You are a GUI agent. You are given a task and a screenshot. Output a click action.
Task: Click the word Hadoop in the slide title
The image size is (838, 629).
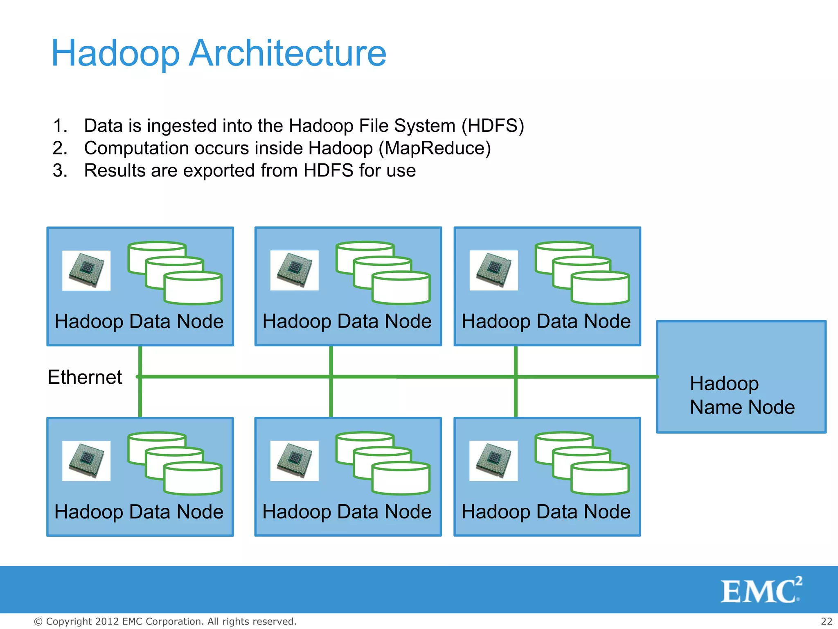(x=115, y=53)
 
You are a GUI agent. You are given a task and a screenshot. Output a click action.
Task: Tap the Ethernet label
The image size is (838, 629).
(x=85, y=377)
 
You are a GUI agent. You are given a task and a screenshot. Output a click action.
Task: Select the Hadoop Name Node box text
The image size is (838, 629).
(x=742, y=395)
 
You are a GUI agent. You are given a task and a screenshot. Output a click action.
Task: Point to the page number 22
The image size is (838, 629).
(x=826, y=621)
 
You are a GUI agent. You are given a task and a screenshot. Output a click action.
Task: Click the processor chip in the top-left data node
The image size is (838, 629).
(x=86, y=270)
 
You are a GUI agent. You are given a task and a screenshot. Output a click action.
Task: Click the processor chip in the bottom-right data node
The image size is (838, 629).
(x=493, y=461)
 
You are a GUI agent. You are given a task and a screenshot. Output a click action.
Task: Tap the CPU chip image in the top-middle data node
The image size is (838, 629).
(x=294, y=270)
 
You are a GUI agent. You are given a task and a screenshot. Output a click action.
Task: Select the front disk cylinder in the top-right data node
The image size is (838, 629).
(x=600, y=289)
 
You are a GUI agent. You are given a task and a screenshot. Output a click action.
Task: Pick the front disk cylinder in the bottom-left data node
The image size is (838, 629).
(x=193, y=480)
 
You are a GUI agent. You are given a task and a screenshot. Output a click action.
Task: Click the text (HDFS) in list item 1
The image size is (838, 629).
(x=493, y=126)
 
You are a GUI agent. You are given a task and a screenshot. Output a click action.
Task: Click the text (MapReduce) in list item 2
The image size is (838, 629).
(x=435, y=148)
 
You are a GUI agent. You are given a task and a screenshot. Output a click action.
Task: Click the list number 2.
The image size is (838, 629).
(x=60, y=148)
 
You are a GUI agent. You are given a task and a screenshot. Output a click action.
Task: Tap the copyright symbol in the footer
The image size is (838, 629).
(x=38, y=622)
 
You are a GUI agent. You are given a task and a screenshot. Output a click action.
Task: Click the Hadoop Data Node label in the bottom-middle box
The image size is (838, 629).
(x=347, y=512)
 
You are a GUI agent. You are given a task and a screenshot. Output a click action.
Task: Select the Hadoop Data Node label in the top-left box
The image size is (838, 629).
(x=139, y=321)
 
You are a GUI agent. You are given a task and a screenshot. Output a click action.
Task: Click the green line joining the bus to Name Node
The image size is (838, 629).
(x=585, y=376)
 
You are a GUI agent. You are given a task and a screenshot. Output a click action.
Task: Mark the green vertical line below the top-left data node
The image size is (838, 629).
(x=140, y=360)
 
